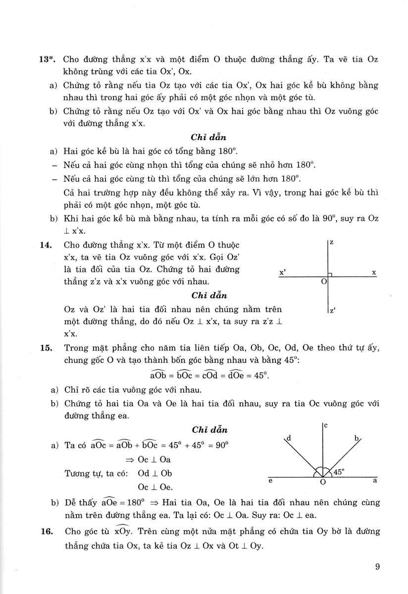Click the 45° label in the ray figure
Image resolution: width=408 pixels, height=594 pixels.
coord(339,472)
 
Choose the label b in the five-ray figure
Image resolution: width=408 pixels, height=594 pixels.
coord(356,438)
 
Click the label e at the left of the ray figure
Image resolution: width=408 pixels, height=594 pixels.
coord(270,480)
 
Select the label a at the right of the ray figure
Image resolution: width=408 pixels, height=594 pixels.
coord(375,480)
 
